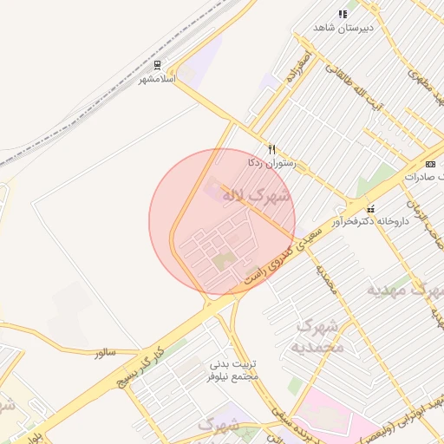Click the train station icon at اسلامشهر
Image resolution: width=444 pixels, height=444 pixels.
click(157, 65)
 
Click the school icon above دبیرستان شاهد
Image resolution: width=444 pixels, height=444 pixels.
click(343, 14)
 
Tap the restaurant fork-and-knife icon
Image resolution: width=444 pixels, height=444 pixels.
click(271, 149)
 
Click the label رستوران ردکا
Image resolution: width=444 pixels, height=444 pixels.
click(271, 162)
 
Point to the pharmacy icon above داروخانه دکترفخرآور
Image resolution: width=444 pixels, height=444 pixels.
click(371, 208)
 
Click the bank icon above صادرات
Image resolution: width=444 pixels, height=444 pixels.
click(431, 163)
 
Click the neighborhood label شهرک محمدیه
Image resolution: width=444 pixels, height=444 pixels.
click(321, 336)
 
